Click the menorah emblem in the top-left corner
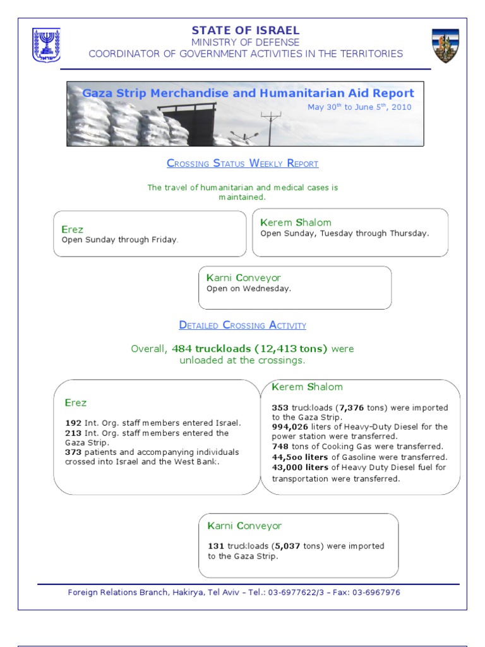click(x=46, y=45)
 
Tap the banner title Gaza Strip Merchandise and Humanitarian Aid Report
click(x=248, y=93)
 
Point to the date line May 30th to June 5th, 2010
click(x=359, y=107)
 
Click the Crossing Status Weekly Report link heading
click(x=242, y=164)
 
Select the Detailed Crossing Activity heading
click(x=242, y=325)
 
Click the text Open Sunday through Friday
click(x=120, y=240)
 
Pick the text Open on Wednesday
click(x=249, y=289)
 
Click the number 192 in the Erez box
click(x=73, y=423)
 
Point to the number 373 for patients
click(x=73, y=452)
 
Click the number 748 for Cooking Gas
click(x=280, y=447)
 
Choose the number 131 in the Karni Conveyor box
click(x=216, y=546)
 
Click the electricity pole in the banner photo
click(x=272, y=126)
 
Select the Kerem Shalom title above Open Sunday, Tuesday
click(x=296, y=222)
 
